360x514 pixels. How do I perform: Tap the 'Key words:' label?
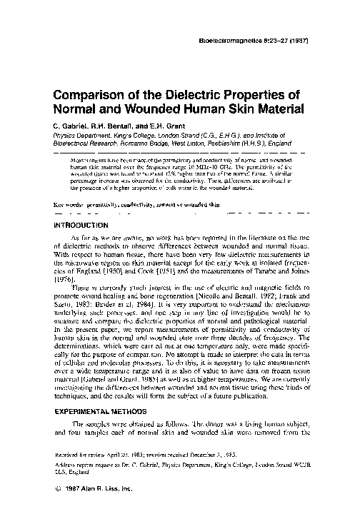point(70,204)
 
